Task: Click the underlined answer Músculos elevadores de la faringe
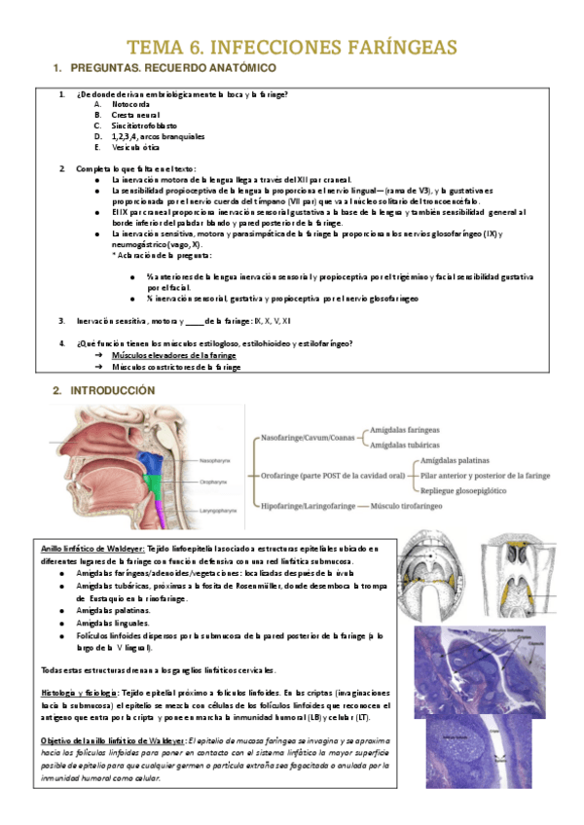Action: tap(173, 356)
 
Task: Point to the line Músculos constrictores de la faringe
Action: tap(176, 368)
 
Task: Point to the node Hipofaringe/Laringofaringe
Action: tap(306, 506)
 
